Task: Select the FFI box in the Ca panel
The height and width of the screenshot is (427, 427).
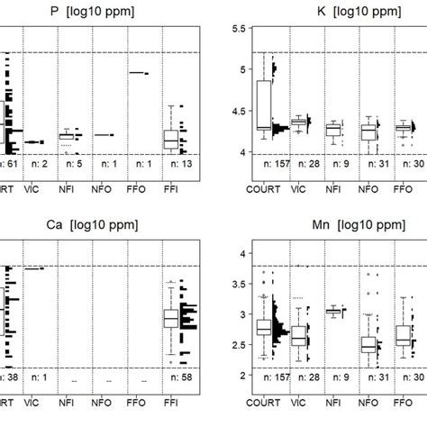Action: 171,319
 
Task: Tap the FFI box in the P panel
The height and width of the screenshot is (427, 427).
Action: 171,139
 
